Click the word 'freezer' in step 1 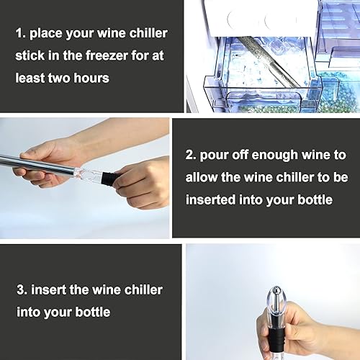[x=107, y=55]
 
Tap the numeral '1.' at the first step [x=21, y=33]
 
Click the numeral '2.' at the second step [x=191, y=155]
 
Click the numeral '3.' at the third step [x=22, y=289]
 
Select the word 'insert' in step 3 [x=49, y=289]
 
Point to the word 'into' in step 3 [x=29, y=312]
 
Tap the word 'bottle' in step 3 [x=93, y=312]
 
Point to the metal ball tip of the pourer [x=276, y=292]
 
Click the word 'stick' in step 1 [x=30, y=55]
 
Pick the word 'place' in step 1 [x=46, y=34]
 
